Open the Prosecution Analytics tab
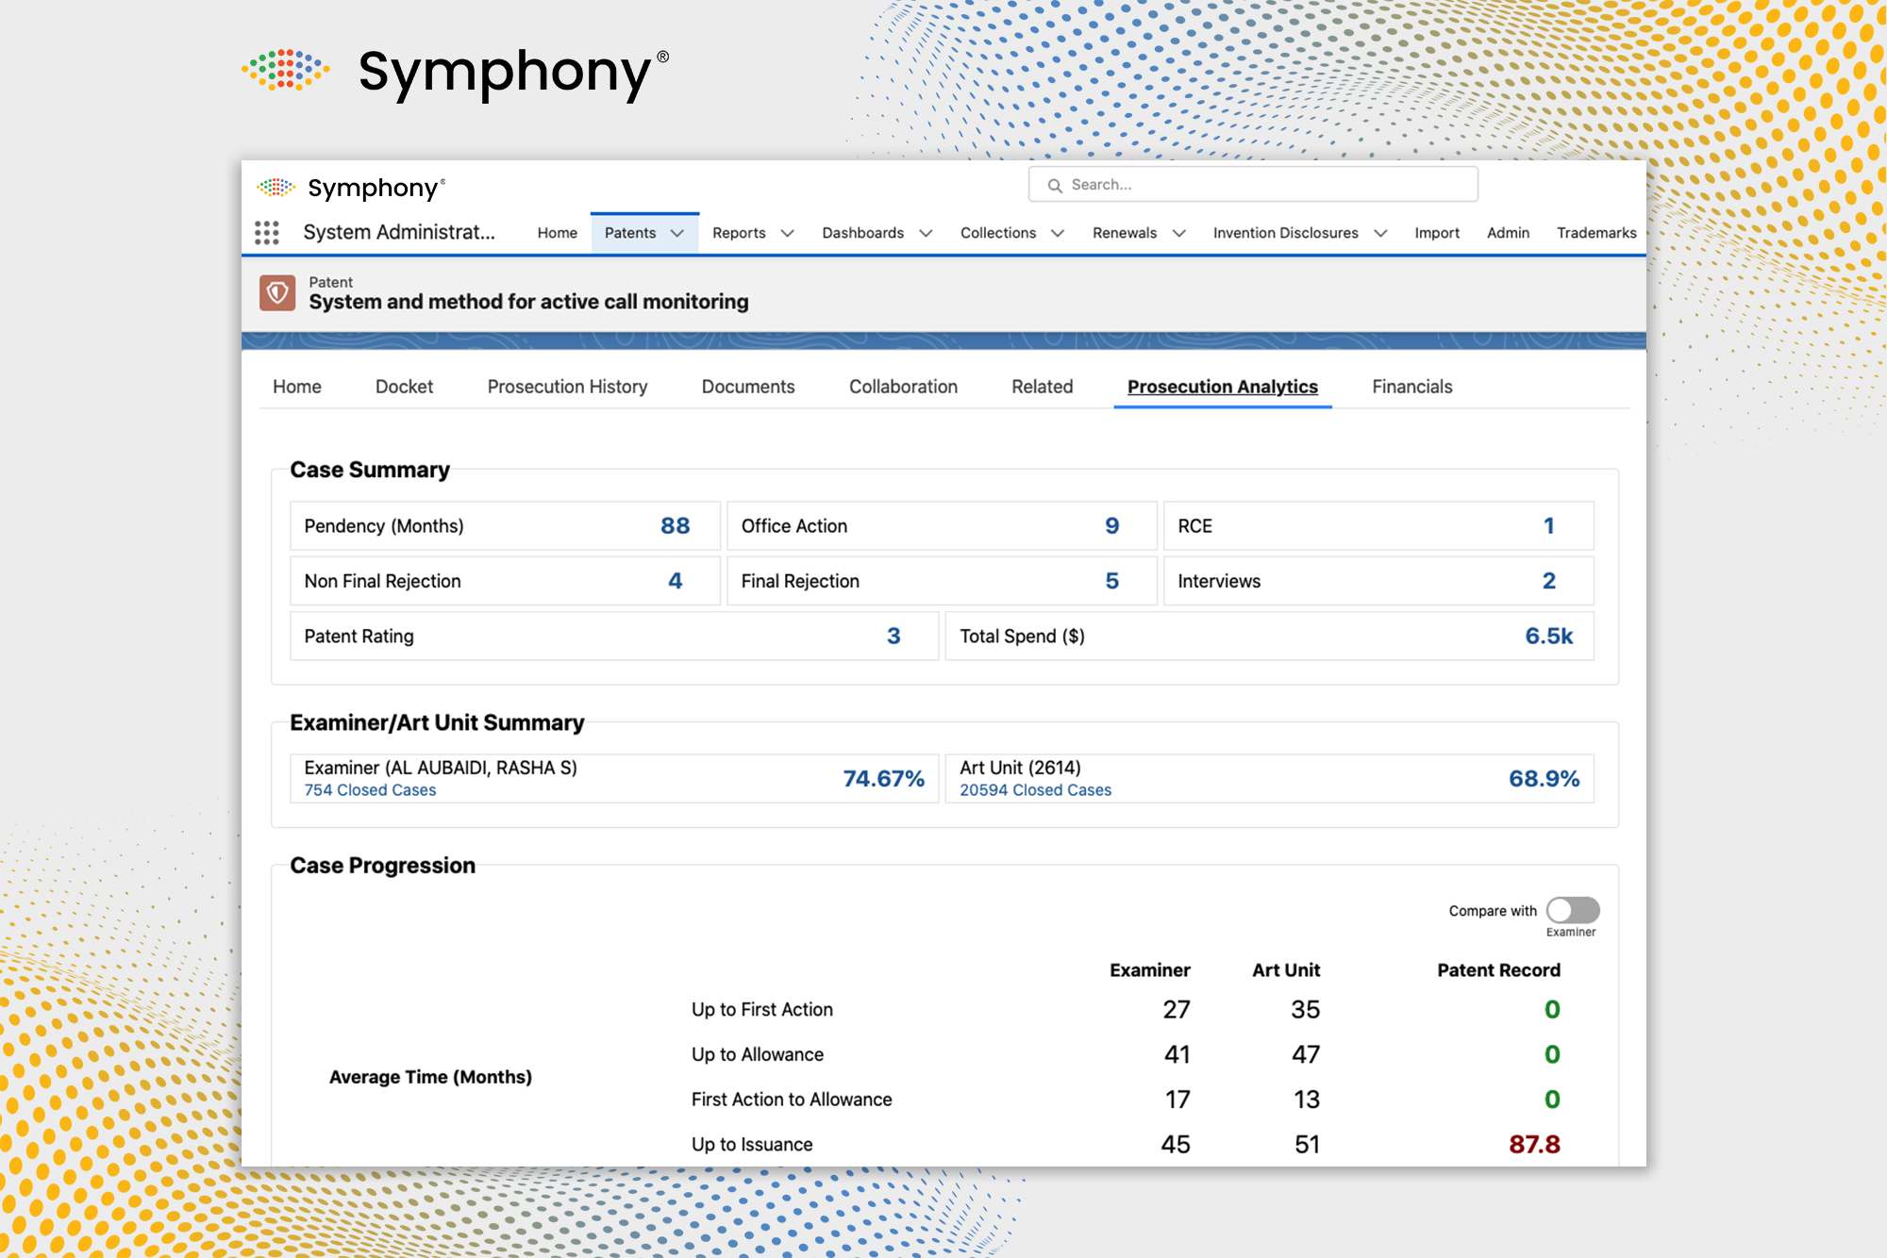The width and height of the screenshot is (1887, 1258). [1222, 387]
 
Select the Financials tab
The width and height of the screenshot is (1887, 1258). [1411, 387]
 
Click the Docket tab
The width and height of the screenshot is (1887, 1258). [404, 387]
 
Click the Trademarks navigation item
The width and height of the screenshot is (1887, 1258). [1595, 233]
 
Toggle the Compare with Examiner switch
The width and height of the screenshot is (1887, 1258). [1572, 910]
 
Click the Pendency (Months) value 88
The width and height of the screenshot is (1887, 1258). [675, 526]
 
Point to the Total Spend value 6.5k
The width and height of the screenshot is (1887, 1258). [1548, 637]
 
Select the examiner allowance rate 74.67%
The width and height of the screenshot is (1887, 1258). [883, 779]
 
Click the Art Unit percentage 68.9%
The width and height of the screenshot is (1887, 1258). [1544, 779]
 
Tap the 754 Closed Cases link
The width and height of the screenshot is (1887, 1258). [370, 790]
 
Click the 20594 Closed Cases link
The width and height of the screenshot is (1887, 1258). [1035, 790]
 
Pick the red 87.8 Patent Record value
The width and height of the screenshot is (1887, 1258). [1534, 1144]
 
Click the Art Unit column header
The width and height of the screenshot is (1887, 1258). [1286, 970]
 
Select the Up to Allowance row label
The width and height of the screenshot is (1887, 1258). [758, 1054]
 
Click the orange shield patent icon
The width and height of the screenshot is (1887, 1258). [277, 293]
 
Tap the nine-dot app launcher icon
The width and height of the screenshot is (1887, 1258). [267, 233]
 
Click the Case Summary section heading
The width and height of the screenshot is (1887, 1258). [370, 470]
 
